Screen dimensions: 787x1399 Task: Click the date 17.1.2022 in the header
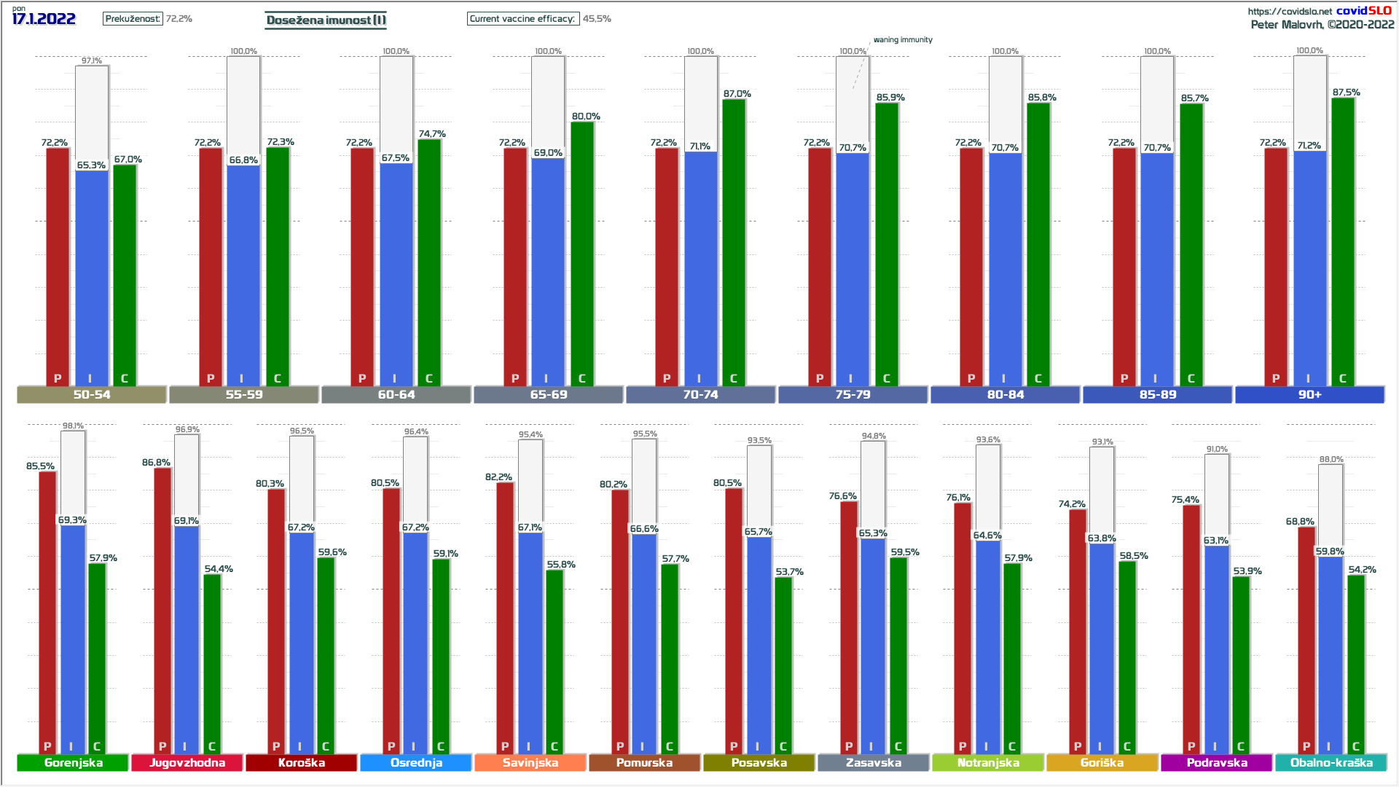[44, 19]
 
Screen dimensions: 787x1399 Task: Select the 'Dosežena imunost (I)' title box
[326, 20]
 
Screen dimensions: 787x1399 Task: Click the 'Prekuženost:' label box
[133, 19]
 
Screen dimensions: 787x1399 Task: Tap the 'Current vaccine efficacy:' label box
[522, 19]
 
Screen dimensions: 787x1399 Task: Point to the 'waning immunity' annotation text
[903, 40]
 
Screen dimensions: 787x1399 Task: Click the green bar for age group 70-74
[734, 240]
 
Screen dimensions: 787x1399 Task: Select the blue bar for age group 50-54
[92, 277]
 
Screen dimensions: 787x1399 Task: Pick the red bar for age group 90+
[1276, 266]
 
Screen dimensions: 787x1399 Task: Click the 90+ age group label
[1309, 395]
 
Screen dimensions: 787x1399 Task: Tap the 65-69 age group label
[548, 395]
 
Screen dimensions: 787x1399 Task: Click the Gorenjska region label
[73, 763]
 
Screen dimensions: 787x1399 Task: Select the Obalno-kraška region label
[1331, 763]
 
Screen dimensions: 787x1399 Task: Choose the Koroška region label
[302, 763]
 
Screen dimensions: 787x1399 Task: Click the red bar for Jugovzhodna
[162, 608]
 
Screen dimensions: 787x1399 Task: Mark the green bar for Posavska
[783, 663]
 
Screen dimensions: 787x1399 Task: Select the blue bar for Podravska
[1217, 649]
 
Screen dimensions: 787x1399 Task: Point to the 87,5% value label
[1346, 93]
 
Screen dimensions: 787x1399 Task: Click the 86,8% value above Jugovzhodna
[156, 463]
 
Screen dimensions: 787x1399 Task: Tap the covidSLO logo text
[1363, 11]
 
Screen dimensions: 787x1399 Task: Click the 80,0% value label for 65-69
[586, 117]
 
